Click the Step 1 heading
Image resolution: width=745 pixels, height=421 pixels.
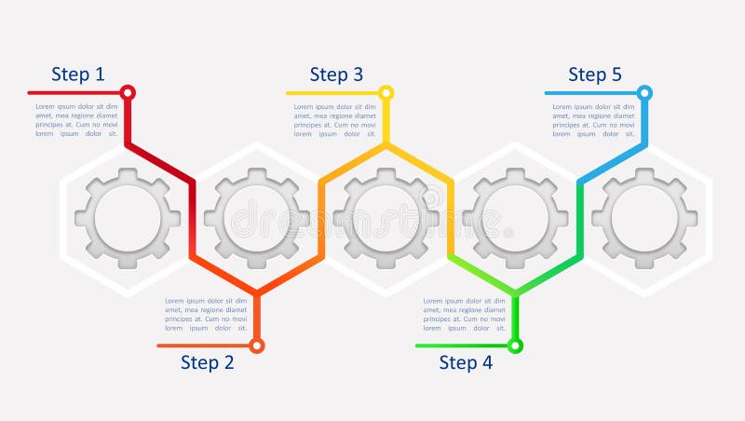click(x=78, y=75)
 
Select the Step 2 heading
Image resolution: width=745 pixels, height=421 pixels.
click(x=208, y=362)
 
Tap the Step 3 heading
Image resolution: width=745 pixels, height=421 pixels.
click(x=336, y=75)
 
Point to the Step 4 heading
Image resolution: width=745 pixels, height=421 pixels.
click(x=466, y=362)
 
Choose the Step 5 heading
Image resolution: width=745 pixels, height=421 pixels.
click(x=595, y=75)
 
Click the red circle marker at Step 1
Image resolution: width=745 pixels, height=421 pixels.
click(x=128, y=93)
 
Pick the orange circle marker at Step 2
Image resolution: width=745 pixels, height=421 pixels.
click(x=257, y=346)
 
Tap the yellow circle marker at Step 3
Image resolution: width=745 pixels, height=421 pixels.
click(x=386, y=93)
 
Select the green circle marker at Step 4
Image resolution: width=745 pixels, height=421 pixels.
click(x=515, y=346)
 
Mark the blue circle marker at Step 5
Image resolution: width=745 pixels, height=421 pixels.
click(x=644, y=93)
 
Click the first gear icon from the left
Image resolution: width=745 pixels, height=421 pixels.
click(x=128, y=220)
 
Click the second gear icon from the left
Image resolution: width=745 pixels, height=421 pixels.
click(x=257, y=220)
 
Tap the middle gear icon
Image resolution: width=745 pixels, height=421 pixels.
click(x=386, y=220)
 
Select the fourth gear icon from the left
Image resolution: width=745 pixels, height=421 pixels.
click(x=516, y=220)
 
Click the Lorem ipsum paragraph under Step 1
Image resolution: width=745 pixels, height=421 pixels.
click(x=76, y=120)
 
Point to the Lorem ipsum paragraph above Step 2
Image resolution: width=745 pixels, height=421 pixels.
click(x=206, y=315)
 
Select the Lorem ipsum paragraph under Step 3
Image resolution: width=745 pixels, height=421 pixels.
click(x=335, y=120)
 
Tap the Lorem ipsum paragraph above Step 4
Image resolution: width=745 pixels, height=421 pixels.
click(x=465, y=315)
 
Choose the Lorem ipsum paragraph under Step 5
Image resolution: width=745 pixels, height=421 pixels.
click(x=594, y=120)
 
